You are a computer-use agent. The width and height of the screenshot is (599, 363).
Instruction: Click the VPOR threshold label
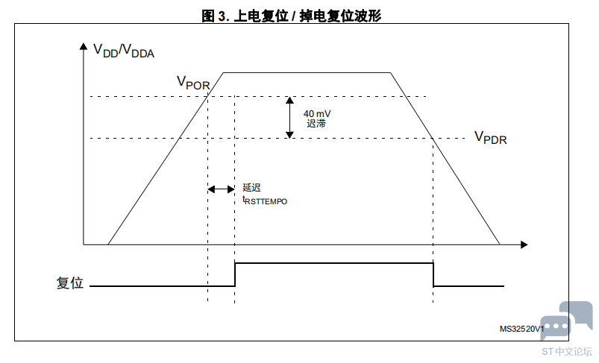[x=193, y=83]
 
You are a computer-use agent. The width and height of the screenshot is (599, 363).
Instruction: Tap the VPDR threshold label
[x=491, y=137]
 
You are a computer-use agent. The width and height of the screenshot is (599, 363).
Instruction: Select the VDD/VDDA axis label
[x=123, y=51]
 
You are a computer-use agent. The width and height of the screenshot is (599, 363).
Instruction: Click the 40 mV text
[x=317, y=114]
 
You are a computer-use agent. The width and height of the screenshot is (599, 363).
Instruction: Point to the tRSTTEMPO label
[x=265, y=201]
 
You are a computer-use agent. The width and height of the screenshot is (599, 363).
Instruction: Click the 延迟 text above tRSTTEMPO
[x=251, y=187]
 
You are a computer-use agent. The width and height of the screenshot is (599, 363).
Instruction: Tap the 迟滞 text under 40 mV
[x=316, y=123]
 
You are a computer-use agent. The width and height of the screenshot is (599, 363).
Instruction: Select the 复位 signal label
[x=70, y=282]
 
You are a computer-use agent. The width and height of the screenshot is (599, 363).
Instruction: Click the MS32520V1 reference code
[x=521, y=329]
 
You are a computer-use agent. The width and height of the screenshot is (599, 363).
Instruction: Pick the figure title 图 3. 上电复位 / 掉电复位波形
[x=292, y=16]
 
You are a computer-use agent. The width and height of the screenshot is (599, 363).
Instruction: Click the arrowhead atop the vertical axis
[x=84, y=45]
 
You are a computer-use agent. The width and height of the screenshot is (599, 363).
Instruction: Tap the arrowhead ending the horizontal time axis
[x=524, y=244]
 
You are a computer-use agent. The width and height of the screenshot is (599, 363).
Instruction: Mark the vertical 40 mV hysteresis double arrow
[x=290, y=117]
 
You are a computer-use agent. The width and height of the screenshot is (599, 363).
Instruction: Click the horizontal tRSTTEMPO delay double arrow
[x=222, y=189]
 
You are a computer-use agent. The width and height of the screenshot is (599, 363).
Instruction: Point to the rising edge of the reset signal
[x=235, y=274]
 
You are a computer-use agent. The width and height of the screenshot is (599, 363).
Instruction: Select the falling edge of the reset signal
[x=433, y=274]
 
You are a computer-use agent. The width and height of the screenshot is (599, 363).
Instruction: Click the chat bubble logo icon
[x=566, y=321]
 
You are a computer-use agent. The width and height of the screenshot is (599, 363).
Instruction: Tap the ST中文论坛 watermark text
[x=566, y=351]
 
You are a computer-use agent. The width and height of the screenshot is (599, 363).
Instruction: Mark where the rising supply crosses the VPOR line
[x=207, y=97]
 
